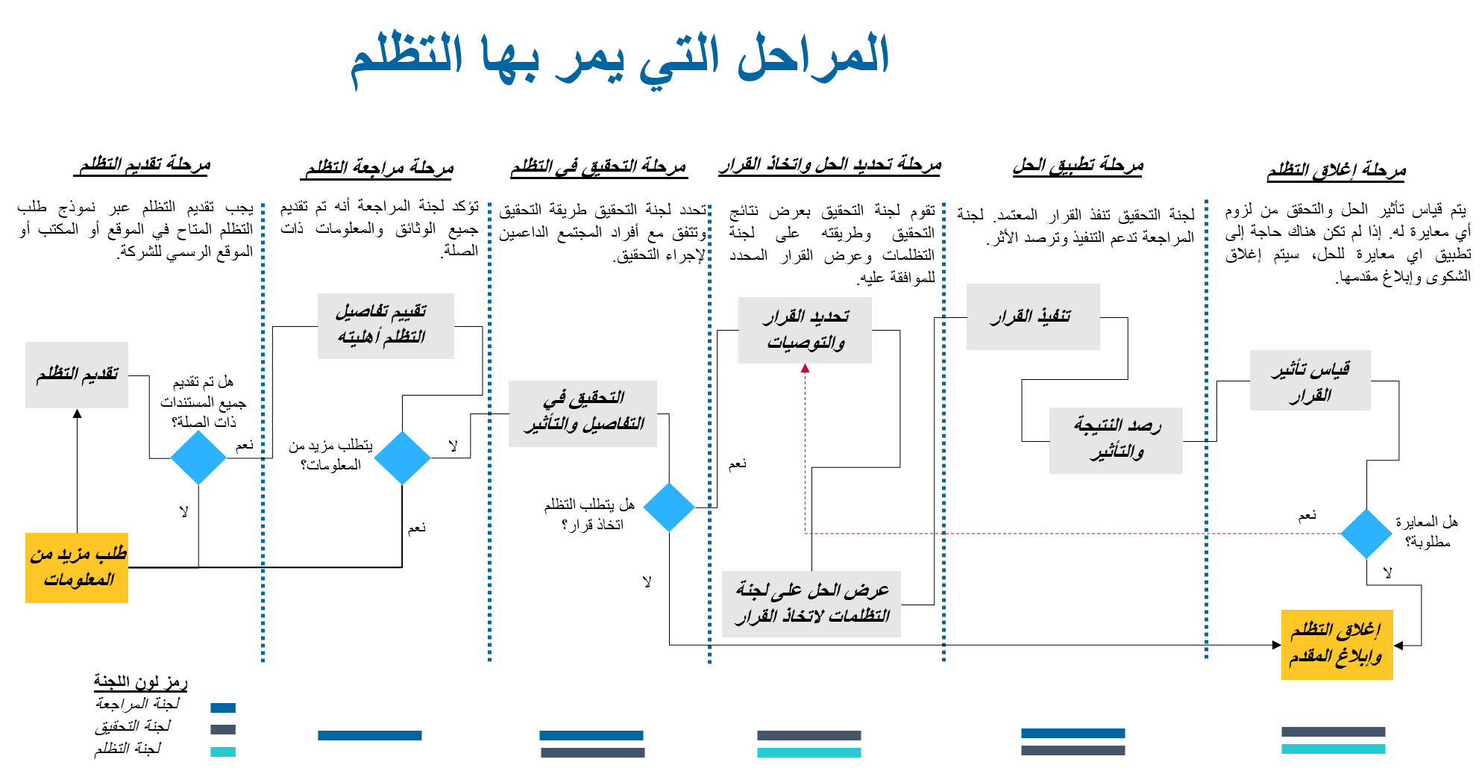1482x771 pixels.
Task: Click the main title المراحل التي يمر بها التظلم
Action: tap(620, 58)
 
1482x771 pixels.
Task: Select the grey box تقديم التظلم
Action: tap(77, 375)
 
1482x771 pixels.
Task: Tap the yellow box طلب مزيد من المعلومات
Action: tap(77, 568)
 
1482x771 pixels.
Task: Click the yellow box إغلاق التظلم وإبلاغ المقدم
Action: tap(1337, 645)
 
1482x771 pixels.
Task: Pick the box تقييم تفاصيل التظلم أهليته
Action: tap(386, 326)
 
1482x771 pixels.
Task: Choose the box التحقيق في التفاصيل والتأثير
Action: tap(583, 413)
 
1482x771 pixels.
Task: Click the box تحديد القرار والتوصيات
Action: tap(805, 330)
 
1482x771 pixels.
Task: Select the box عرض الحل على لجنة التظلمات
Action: tap(811, 604)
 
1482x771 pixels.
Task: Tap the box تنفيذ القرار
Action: tap(1033, 316)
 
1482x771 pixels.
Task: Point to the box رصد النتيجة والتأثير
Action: tap(1116, 440)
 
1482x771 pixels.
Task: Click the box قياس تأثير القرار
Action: tap(1310, 381)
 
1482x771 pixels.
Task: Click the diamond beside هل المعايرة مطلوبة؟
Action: tap(1366, 534)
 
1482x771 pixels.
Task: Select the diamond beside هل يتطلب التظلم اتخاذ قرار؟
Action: tap(669, 507)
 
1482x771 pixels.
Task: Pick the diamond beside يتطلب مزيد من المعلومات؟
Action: tap(402, 458)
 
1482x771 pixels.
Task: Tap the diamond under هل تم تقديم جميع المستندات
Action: tap(198, 458)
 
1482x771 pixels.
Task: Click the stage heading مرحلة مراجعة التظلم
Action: tap(379, 168)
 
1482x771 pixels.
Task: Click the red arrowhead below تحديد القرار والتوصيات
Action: tap(805, 368)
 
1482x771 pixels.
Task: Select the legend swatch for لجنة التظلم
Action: tap(223, 752)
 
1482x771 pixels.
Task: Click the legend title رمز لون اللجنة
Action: tap(140, 681)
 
